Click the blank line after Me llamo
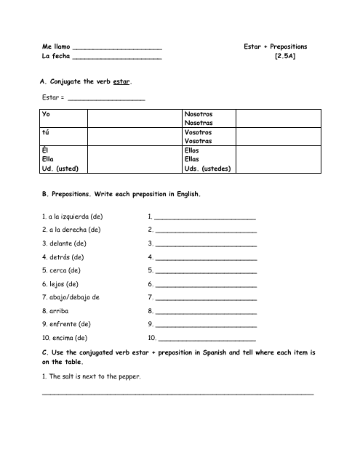click(117, 48)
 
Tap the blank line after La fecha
click(117, 59)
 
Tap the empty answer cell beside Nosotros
click(276, 118)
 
